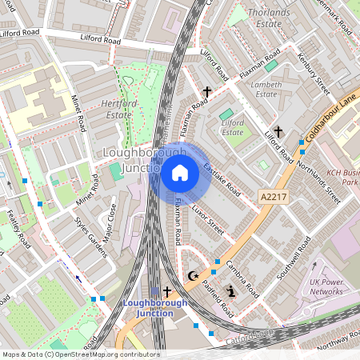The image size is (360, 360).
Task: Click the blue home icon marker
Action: click(180, 173)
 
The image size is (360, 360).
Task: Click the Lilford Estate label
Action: click(233, 126)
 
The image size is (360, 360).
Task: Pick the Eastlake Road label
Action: click(222, 180)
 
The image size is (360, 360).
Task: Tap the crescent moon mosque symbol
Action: click(192, 276)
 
